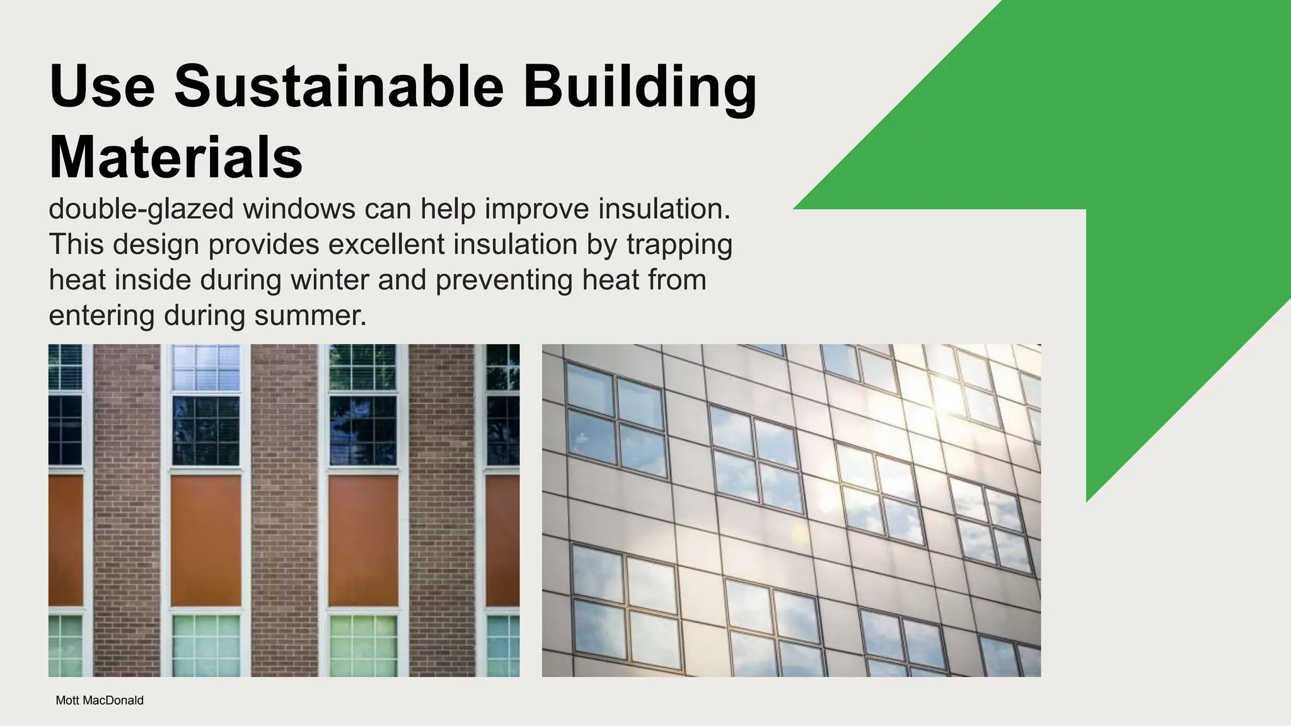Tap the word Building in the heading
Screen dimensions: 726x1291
(639, 86)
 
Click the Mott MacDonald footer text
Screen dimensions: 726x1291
(100, 700)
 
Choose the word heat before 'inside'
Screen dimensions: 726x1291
(76, 280)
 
